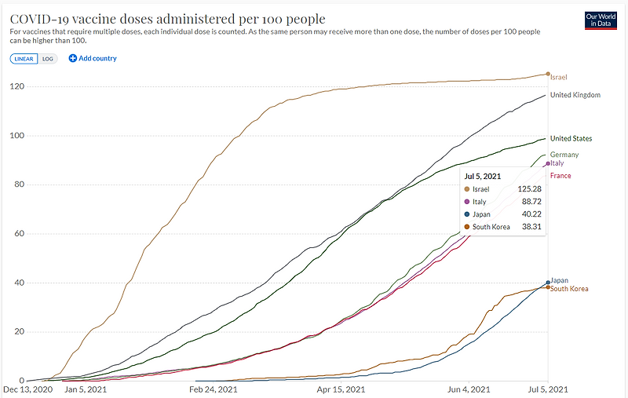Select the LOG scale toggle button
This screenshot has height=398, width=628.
tap(48, 58)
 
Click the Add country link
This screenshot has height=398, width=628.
tap(93, 58)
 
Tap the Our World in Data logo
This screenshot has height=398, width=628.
tap(602, 20)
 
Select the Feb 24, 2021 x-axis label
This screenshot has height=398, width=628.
tap(214, 389)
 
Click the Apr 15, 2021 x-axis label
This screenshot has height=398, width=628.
tap(341, 389)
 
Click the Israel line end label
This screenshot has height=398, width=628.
tap(558, 77)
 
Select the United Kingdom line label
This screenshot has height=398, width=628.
tap(575, 95)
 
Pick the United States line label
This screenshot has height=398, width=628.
tap(571, 138)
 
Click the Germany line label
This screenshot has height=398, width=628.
tap(564, 155)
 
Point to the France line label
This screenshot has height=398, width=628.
tap(560, 176)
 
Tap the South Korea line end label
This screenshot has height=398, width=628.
tap(569, 289)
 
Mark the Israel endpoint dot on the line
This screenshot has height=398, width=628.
tap(548, 74)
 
